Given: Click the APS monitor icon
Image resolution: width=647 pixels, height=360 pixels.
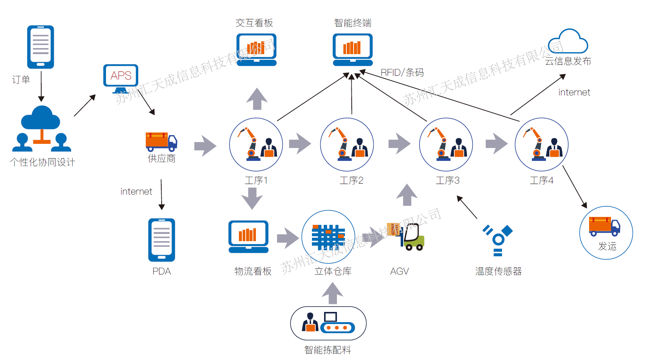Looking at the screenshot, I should tap(121, 77).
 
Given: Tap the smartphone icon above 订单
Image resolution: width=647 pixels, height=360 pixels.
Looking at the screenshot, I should tap(41, 47).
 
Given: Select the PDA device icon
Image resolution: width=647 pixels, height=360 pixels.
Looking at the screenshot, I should tap(162, 240).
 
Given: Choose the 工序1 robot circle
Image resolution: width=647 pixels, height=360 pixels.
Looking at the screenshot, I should tap(256, 145).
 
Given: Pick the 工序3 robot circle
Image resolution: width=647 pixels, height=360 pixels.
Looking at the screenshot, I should tap(446, 145).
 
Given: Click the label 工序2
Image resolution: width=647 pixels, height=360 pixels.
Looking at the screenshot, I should tap(351, 181).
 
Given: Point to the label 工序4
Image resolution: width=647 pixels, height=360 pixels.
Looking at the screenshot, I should tap(541, 181).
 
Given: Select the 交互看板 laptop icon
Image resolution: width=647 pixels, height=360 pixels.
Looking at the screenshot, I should tap(256, 50).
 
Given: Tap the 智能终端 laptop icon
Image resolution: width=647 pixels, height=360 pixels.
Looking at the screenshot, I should tap(353, 50).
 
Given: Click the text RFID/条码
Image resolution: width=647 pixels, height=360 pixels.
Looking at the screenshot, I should tap(402, 72).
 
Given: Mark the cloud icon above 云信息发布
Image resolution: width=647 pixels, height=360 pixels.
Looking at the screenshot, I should tap(568, 41).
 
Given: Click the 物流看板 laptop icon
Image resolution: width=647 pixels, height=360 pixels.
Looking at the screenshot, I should tap(248, 237).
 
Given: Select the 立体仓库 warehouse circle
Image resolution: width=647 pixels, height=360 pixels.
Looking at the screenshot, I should tap(328, 237).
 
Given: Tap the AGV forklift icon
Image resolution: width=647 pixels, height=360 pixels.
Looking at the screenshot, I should tap(407, 236).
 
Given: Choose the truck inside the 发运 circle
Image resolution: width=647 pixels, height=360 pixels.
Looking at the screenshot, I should tap(604, 226).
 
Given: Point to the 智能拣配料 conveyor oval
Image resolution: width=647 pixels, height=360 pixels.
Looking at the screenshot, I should tap(328, 323).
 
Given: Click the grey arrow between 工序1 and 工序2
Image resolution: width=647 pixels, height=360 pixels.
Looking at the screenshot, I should tap(300, 143).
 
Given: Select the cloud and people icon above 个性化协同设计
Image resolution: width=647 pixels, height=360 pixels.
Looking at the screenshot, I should tap(42, 129).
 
